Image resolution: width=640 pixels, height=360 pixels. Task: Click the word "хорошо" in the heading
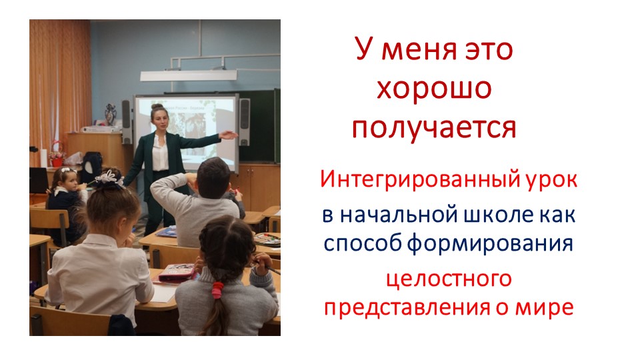click(x=434, y=89)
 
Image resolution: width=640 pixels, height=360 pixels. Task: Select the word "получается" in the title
click(x=434, y=127)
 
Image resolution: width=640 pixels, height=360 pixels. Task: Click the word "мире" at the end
click(x=548, y=307)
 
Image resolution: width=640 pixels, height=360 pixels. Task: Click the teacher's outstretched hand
click(x=228, y=135)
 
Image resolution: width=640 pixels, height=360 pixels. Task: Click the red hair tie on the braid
click(x=217, y=289)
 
